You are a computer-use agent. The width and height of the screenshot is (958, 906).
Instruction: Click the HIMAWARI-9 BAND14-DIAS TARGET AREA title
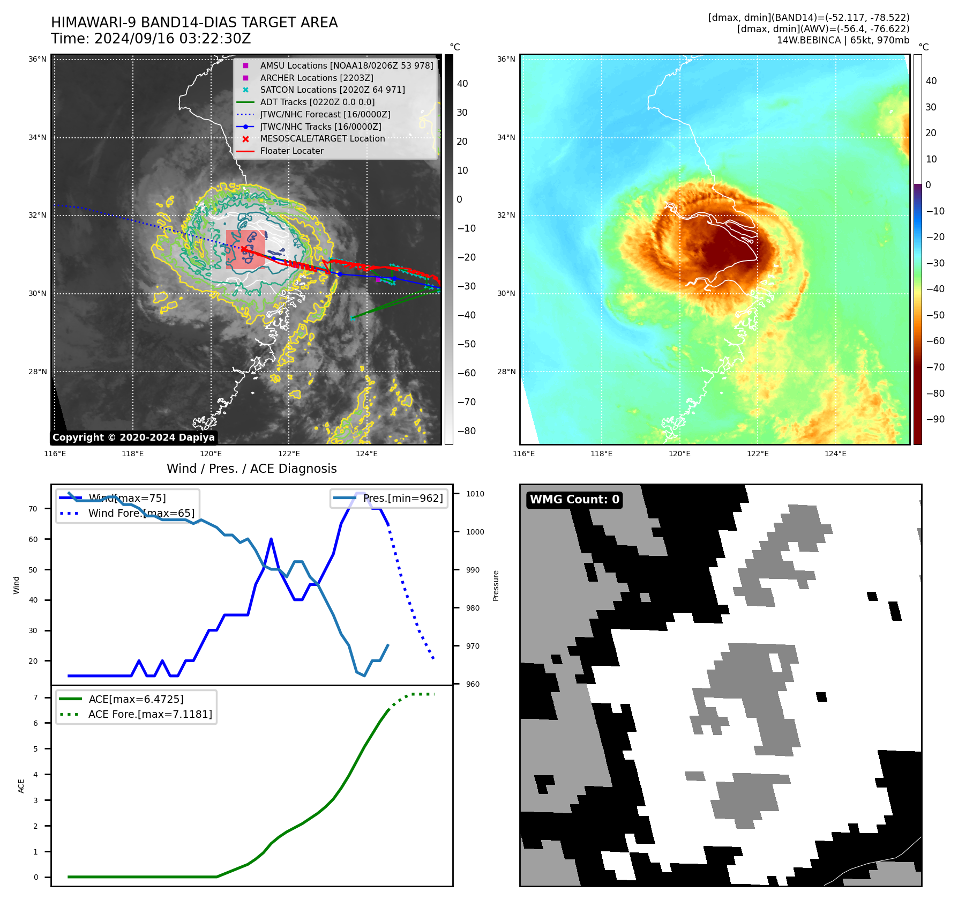(194, 23)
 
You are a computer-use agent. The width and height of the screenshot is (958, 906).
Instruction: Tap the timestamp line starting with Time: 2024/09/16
(151, 39)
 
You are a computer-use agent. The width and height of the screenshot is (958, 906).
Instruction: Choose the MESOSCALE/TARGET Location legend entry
(322, 138)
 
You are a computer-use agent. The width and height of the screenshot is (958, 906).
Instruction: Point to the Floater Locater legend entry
(291, 151)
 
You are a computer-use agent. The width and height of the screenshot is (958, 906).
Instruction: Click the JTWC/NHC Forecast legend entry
(325, 114)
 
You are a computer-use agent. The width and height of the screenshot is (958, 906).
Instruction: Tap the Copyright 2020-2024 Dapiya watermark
(133, 437)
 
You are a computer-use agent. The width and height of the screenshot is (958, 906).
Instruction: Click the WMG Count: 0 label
(574, 500)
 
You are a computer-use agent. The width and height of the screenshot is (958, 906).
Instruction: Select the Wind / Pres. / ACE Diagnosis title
(251, 469)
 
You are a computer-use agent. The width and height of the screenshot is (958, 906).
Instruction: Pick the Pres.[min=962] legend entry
(402, 498)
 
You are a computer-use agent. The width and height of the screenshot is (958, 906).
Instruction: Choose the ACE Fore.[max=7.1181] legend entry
(150, 714)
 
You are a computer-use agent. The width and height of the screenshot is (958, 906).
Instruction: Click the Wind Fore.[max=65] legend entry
(141, 513)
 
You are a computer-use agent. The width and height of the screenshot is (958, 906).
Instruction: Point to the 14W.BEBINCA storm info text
(843, 40)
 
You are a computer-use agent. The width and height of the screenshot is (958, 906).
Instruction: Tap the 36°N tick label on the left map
(38, 59)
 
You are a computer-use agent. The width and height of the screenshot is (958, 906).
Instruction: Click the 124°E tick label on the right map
(835, 454)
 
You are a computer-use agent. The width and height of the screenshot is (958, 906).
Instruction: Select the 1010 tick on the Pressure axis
(475, 494)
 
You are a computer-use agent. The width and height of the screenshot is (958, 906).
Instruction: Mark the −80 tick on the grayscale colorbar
(466, 431)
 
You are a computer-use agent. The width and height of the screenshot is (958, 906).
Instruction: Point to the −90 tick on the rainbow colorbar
(935, 419)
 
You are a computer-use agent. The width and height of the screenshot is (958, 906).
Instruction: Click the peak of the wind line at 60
(271, 539)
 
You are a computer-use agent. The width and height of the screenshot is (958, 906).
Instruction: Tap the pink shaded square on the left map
(245, 249)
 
